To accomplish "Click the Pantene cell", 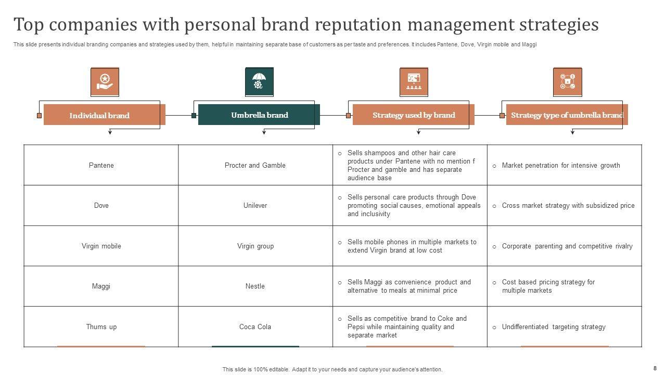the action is pos(101,165).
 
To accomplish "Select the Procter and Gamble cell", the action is pos(255,165).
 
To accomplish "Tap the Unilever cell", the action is pos(255,206).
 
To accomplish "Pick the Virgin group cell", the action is pos(255,246).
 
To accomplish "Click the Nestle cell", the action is pos(255,286).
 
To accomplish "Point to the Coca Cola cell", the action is pos(255,327).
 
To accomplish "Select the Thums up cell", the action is pos(101,327).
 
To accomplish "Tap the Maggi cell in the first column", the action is pos(101,286).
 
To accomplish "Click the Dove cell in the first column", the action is pos(101,206).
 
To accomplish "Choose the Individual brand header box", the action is pos(104,115).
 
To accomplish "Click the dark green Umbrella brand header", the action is pos(259,115).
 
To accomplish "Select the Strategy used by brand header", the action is pos(414,115).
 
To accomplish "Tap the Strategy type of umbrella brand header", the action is pos(567,115).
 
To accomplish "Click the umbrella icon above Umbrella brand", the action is pos(259,82).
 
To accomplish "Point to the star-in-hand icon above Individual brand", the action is pos(105,82).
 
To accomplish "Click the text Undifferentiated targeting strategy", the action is pos(554,327).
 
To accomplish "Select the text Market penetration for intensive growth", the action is pos(561,166).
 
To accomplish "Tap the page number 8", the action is pos(655,368).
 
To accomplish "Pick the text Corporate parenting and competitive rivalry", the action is pos(567,246).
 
